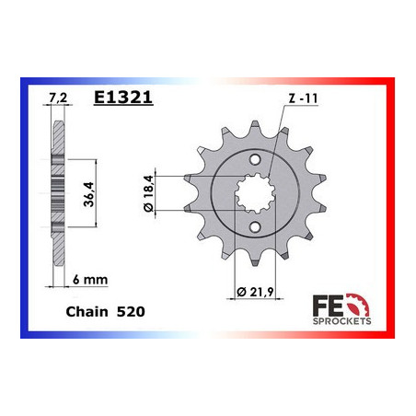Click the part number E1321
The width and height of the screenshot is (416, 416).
[x=123, y=98]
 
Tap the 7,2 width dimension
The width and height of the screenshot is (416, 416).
[x=58, y=98]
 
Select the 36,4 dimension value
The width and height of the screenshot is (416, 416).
[x=88, y=194]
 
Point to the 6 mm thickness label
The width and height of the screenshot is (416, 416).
[x=90, y=280]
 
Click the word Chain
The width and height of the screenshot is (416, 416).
[x=87, y=312]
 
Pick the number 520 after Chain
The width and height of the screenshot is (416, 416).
[x=131, y=312]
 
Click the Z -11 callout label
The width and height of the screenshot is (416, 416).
[x=303, y=98]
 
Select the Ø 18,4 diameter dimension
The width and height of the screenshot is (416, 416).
[x=148, y=193]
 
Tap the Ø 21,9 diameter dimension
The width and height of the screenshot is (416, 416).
[x=255, y=292]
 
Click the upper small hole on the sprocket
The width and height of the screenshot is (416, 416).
[x=255, y=159]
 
